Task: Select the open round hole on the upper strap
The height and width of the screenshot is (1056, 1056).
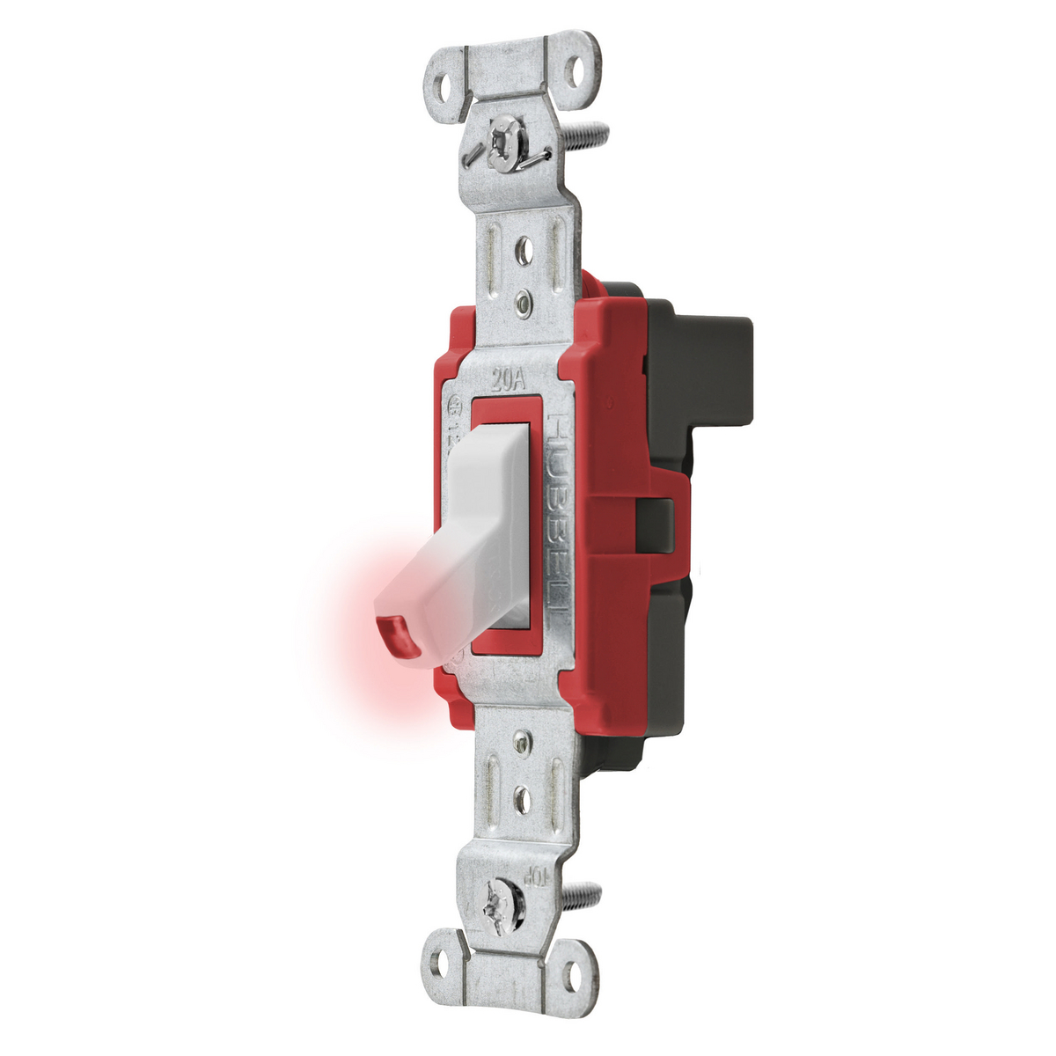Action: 526,249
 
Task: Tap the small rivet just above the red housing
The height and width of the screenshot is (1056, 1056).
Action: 525,304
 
